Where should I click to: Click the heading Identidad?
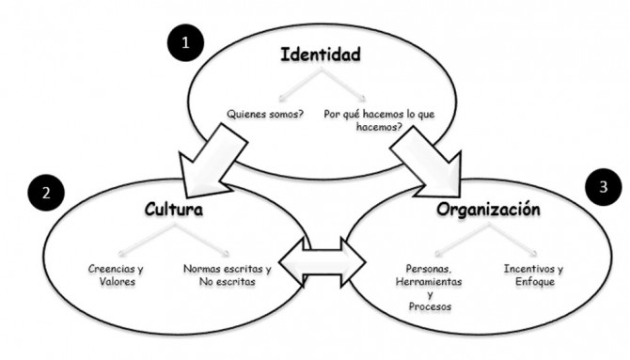click(322, 55)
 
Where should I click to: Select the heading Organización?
click(488, 208)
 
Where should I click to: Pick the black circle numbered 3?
click(602, 185)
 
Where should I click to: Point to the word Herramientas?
click(418, 279)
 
